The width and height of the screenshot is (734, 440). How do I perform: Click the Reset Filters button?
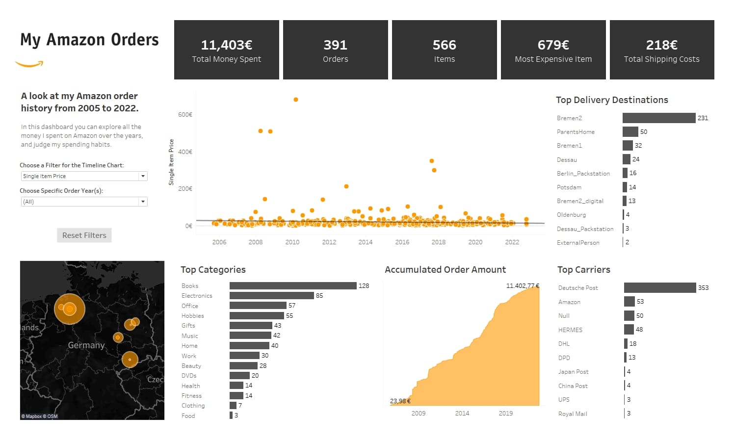coord(84,235)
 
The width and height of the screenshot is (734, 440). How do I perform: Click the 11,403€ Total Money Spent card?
coord(227,50)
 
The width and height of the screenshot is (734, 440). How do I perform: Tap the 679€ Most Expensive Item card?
coord(553,50)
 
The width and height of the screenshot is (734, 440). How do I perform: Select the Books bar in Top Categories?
coord(293,285)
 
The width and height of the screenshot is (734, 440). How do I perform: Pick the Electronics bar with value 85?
coord(271,296)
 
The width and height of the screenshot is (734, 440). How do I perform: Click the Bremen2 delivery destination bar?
coord(659,118)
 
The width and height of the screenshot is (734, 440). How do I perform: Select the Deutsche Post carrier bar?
coord(660,287)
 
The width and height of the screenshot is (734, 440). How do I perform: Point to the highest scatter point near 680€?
coord(296,100)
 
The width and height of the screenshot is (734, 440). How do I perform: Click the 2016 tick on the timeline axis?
coord(402,242)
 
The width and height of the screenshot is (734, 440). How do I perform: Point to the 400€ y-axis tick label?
coord(185,152)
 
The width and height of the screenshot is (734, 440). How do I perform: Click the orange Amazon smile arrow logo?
coord(29,64)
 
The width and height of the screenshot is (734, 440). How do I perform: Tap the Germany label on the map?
coord(86,345)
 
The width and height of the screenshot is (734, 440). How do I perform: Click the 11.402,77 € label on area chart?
coord(523,285)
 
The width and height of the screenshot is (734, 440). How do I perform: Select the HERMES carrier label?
coord(570,330)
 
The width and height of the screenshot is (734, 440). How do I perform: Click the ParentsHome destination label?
coord(576,132)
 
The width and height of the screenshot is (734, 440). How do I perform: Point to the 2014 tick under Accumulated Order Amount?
coord(462,414)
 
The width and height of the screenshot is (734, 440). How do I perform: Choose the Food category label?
coord(188,416)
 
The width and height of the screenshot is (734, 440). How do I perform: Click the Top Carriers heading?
coord(584,270)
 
